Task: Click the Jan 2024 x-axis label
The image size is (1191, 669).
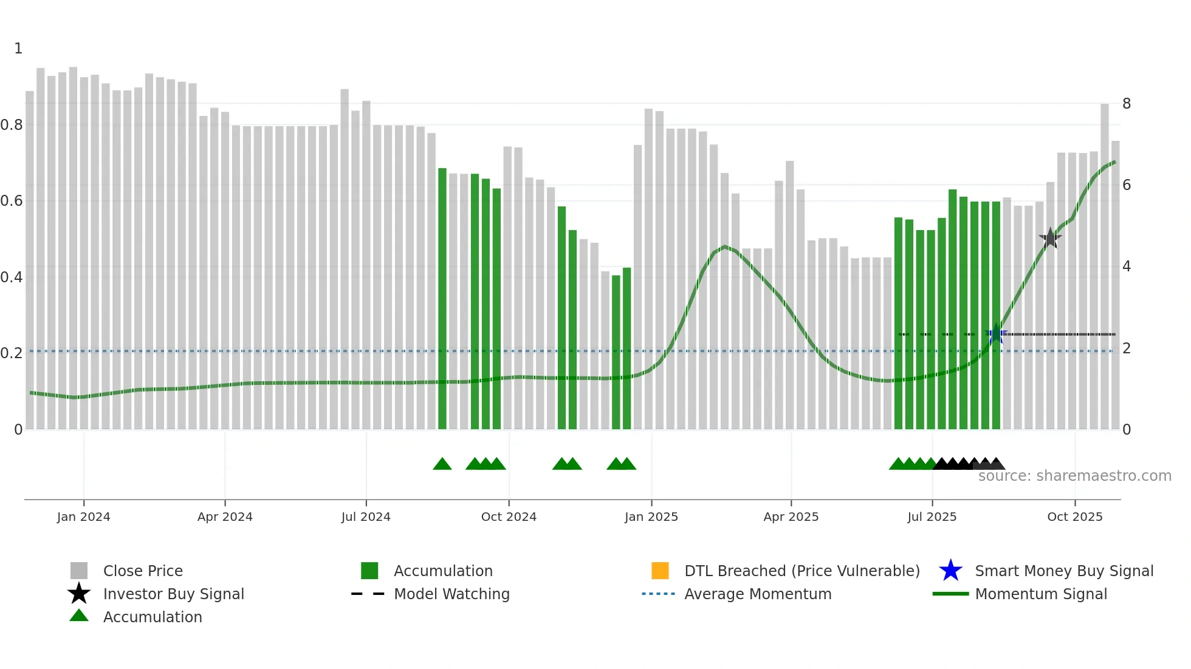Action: [83, 517]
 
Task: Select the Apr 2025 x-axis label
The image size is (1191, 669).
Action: [791, 517]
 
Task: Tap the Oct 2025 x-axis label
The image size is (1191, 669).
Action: [1074, 517]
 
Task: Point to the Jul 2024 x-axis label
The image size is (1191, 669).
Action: [366, 517]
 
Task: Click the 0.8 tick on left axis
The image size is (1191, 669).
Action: [12, 125]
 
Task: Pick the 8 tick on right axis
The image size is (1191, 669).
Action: [1127, 104]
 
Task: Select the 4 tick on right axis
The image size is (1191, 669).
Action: [1127, 267]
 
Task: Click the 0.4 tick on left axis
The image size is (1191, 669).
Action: [12, 277]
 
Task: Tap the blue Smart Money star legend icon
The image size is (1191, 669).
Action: [950, 571]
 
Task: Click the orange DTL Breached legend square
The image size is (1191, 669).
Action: [660, 571]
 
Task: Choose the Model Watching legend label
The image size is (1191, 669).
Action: [451, 594]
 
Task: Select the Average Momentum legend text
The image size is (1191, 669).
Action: [758, 594]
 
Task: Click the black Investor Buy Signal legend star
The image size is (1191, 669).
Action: [79, 594]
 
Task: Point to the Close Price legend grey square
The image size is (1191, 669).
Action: [79, 571]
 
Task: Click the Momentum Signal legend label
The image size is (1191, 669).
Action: [1041, 594]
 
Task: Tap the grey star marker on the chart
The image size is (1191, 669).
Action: [1050, 238]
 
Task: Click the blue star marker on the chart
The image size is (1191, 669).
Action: [996, 334]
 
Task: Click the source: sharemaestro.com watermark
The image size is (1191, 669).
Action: [1074, 476]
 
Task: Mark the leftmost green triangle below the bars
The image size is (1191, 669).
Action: [442, 464]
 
